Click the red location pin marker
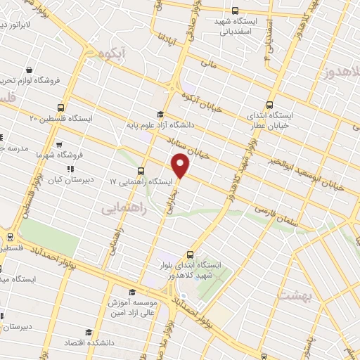point(181,166)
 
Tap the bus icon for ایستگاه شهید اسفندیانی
point(235,11)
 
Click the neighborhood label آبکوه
point(113,53)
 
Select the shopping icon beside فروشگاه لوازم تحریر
point(29,70)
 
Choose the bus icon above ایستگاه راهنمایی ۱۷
point(141,170)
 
